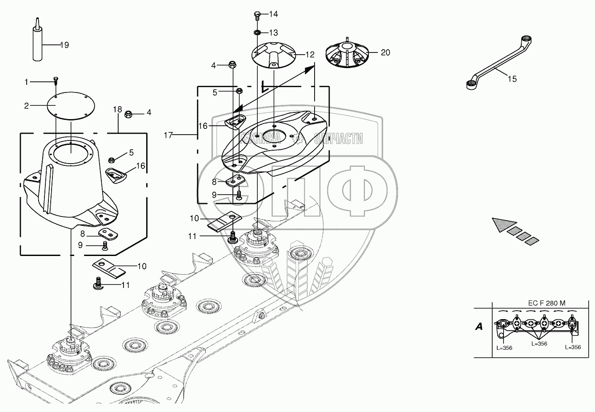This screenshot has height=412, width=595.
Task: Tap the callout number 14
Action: (x=273, y=14)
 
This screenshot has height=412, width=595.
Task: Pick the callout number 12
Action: (x=310, y=55)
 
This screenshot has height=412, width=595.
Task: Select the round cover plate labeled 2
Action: (x=71, y=105)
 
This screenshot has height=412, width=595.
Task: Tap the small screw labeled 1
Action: (x=56, y=80)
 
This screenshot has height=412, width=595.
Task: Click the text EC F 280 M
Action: (x=547, y=304)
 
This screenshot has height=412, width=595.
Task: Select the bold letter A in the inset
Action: (x=479, y=327)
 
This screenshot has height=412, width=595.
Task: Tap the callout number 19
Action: (x=64, y=45)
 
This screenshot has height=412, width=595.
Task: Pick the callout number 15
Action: (x=512, y=79)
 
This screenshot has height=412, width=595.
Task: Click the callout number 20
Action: (x=385, y=52)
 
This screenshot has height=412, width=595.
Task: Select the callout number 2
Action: (x=26, y=105)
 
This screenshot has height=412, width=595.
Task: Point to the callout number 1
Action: (x=26, y=82)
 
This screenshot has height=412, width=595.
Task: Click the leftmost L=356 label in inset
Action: (x=504, y=348)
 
